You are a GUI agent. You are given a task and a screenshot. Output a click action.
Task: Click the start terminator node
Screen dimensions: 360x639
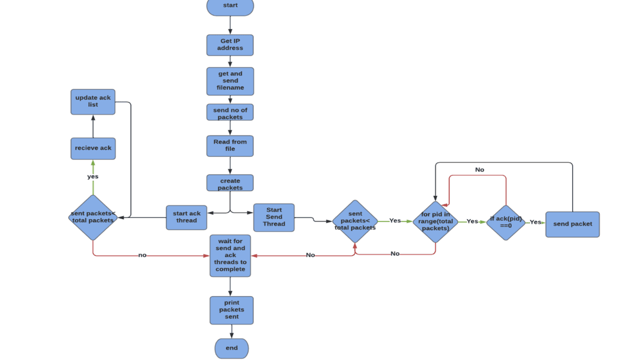(230, 6)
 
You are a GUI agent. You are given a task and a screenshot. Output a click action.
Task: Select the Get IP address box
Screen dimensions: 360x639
(230, 45)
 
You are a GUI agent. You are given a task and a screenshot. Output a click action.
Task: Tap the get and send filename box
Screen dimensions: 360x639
(230, 81)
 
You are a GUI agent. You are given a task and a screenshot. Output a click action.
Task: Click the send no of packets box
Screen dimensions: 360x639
(230, 112)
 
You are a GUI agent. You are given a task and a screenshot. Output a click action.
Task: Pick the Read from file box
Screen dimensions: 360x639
(230, 146)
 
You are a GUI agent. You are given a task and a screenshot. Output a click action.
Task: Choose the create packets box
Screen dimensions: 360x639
(230, 183)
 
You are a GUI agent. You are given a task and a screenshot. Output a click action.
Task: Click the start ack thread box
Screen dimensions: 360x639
(186, 217)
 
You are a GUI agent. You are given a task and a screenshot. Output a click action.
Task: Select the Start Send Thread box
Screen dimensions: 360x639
(274, 217)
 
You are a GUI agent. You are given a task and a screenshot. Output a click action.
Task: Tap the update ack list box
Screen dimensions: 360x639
(93, 102)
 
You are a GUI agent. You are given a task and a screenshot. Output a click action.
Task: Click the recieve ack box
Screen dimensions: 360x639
(93, 149)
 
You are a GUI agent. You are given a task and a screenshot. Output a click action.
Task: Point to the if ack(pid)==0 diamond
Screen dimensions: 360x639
(506, 223)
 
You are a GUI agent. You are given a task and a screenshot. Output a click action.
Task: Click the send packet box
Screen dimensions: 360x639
(572, 224)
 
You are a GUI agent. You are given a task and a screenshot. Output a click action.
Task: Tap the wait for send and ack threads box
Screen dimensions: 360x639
(230, 256)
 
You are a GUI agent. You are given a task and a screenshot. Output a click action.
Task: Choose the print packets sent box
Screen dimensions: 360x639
(231, 310)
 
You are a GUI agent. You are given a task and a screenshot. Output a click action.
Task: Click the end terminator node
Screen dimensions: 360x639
(231, 348)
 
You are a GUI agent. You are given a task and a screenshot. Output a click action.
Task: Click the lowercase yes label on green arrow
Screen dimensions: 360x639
(93, 176)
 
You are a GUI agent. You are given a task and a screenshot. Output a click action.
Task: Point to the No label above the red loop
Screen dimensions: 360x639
(479, 170)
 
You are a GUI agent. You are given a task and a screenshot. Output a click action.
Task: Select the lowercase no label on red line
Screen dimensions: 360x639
(142, 255)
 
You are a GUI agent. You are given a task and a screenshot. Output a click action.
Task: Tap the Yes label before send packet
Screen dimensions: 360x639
(535, 222)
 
